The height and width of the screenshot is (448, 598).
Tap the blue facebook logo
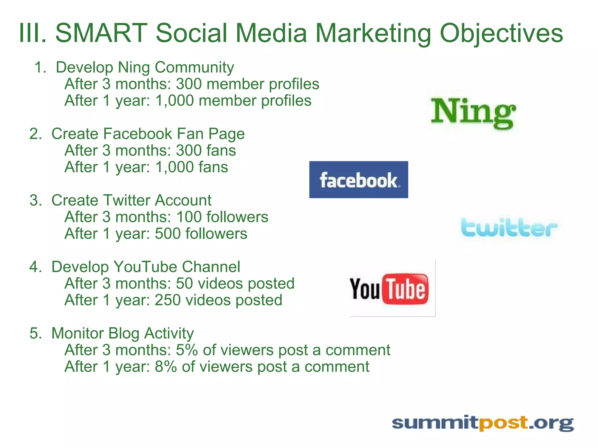(359, 180)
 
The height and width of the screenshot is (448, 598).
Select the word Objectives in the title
(501, 34)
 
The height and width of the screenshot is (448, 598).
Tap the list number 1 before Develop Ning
(40, 67)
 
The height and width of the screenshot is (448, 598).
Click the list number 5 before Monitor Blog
(36, 333)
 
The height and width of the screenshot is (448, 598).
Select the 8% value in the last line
(166, 367)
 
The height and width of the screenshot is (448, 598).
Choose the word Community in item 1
(194, 67)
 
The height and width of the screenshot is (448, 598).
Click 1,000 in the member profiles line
(175, 101)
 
